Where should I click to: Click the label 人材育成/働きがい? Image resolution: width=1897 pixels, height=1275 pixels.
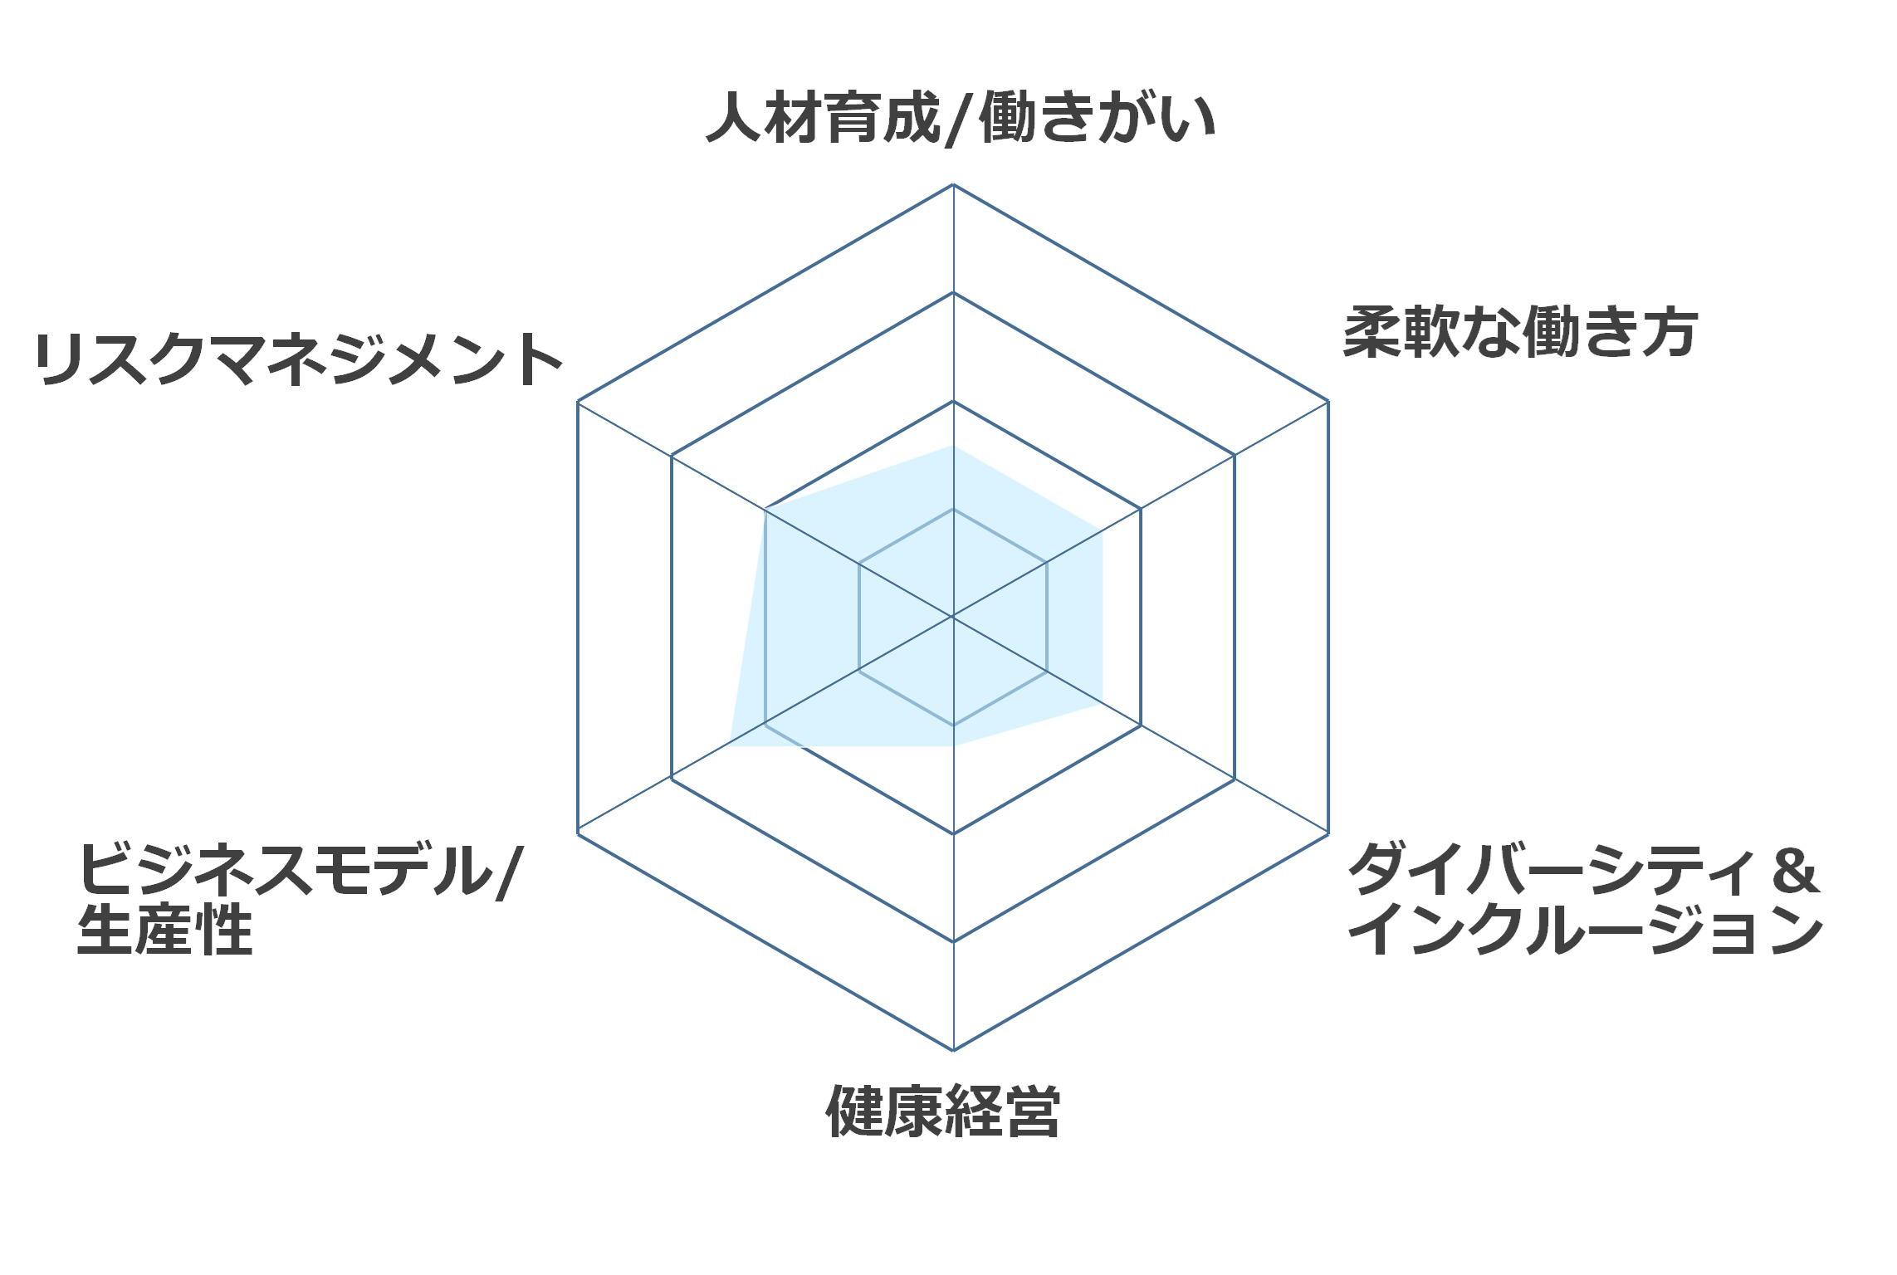click(961, 119)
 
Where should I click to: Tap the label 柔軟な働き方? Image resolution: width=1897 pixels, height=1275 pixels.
click(1520, 332)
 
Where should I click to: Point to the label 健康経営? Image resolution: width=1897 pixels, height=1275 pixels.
click(943, 1111)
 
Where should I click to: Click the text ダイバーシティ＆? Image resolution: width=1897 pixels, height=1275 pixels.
click(1584, 869)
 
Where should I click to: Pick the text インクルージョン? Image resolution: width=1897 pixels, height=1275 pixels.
click(1586, 929)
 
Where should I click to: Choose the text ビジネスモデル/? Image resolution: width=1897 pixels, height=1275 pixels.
click(301, 870)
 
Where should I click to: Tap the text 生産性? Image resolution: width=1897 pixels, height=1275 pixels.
click(164, 930)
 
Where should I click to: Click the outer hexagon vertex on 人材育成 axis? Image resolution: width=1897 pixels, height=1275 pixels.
click(953, 184)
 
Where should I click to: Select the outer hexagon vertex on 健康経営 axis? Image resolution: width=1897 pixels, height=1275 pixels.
click(953, 1050)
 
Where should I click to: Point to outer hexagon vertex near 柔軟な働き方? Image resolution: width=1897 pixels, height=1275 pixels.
click(1328, 402)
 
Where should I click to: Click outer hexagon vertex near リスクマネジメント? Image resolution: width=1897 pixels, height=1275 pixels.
click(578, 402)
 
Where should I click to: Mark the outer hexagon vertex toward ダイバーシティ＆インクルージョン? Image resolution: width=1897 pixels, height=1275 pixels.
click(1328, 833)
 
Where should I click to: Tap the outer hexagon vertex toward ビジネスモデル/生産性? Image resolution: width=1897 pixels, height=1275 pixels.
click(578, 833)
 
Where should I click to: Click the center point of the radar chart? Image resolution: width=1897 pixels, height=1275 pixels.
click(953, 617)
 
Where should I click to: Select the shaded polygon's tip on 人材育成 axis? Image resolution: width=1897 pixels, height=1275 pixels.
click(953, 446)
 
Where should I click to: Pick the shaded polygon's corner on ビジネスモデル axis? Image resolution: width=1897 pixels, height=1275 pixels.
click(730, 745)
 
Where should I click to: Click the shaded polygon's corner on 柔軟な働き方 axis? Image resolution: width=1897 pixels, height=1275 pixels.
click(1103, 531)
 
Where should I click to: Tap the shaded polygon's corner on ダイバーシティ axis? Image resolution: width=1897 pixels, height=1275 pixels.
click(1103, 703)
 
